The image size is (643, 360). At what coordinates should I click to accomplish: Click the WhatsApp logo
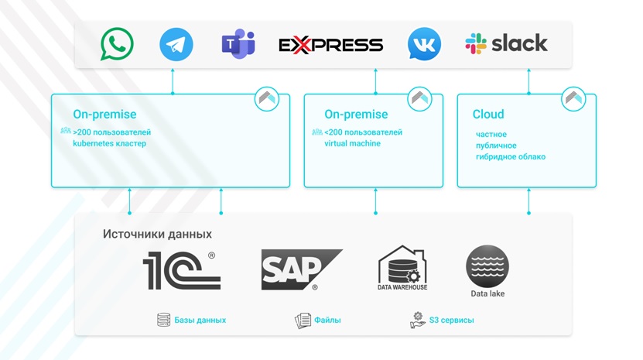pos(117,44)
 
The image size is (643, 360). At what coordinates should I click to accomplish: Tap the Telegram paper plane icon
pos(176,44)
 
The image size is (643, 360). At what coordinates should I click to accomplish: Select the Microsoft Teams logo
pos(238,44)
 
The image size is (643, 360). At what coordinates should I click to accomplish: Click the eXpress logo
pos(330,45)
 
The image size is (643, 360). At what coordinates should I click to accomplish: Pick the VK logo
pos(424,44)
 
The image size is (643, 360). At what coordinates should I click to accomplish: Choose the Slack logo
pos(506,43)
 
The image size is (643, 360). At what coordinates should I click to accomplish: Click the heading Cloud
pos(488,115)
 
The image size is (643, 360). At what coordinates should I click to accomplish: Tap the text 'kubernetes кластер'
pos(109,143)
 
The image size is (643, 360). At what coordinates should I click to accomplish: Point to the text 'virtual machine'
pos(352,143)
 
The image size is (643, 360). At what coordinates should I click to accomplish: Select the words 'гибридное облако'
pos(511,156)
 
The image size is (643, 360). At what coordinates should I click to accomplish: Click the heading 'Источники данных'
pos(157,234)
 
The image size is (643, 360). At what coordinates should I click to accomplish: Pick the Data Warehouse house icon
pos(402,266)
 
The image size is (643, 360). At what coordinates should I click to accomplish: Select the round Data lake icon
pos(487,266)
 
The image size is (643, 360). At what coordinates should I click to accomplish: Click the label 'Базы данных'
pos(200,320)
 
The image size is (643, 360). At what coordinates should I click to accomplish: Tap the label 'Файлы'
pos(327,320)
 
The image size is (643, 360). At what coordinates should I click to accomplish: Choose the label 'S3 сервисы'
pos(452,320)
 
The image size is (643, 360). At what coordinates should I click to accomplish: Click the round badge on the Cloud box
pos(573,98)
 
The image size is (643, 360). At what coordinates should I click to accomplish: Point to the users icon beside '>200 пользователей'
pos(66,132)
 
